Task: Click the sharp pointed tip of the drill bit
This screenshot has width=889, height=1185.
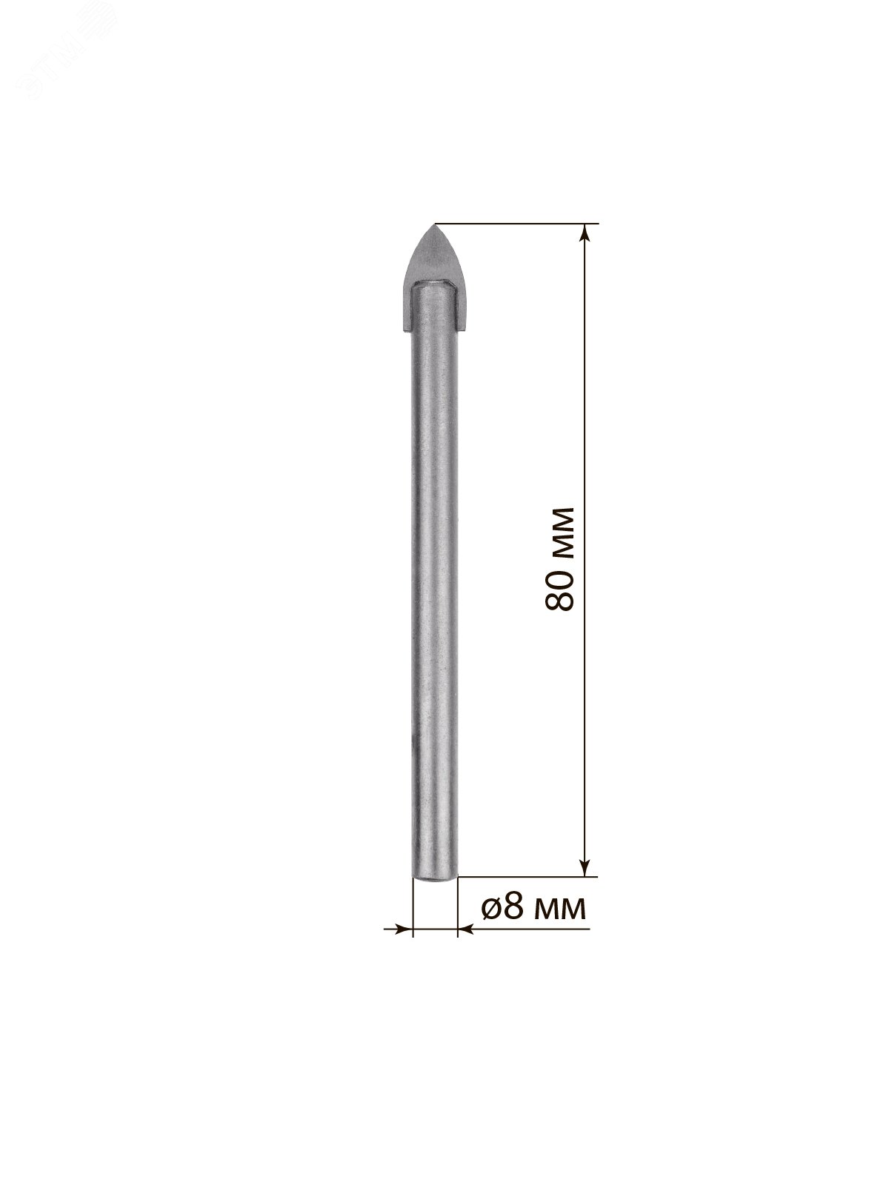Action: click(435, 224)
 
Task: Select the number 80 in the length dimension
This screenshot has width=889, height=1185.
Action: click(559, 587)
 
